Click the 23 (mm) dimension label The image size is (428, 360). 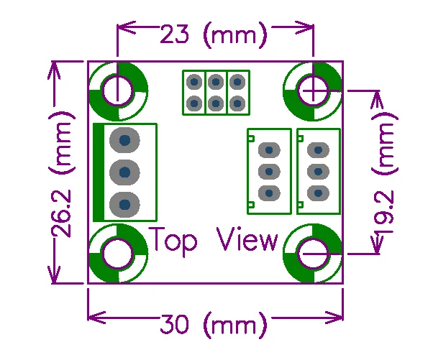213,35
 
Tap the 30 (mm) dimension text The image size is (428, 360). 213,325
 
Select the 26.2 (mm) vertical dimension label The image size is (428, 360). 61,174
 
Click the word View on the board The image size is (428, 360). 247,239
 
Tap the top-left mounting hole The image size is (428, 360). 118,91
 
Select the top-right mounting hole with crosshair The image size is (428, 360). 313,91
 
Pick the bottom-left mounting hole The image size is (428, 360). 118,254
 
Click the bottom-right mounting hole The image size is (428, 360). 313,254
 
